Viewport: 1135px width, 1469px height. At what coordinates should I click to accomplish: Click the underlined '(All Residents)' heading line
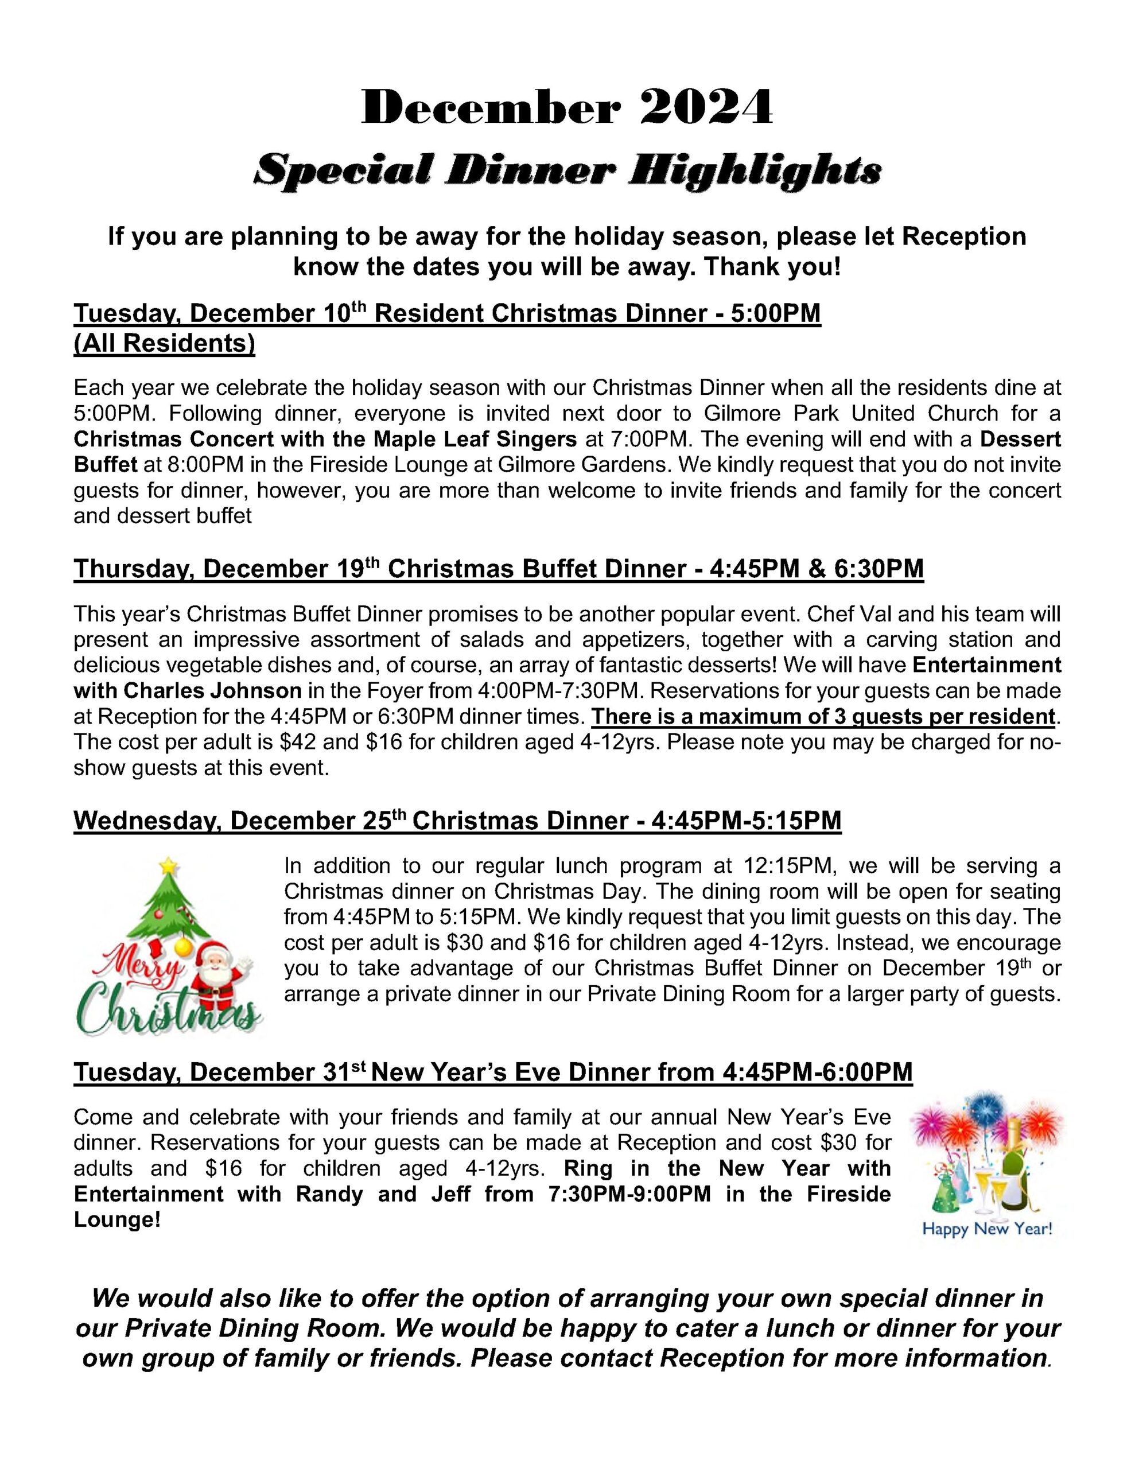[164, 343]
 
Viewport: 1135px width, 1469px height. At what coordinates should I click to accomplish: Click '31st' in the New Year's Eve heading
[344, 1072]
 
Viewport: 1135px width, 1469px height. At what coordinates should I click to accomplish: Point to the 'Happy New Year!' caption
[986, 1230]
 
